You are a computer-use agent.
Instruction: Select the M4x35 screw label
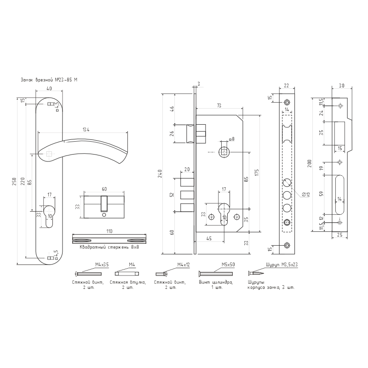(x=102, y=265)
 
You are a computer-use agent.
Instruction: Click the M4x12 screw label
(x=183, y=265)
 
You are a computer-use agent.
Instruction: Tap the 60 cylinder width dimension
(x=104, y=189)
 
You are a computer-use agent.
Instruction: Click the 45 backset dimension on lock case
(x=208, y=238)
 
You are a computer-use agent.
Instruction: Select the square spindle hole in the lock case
(x=224, y=151)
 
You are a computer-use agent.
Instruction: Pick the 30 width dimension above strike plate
(x=342, y=85)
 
